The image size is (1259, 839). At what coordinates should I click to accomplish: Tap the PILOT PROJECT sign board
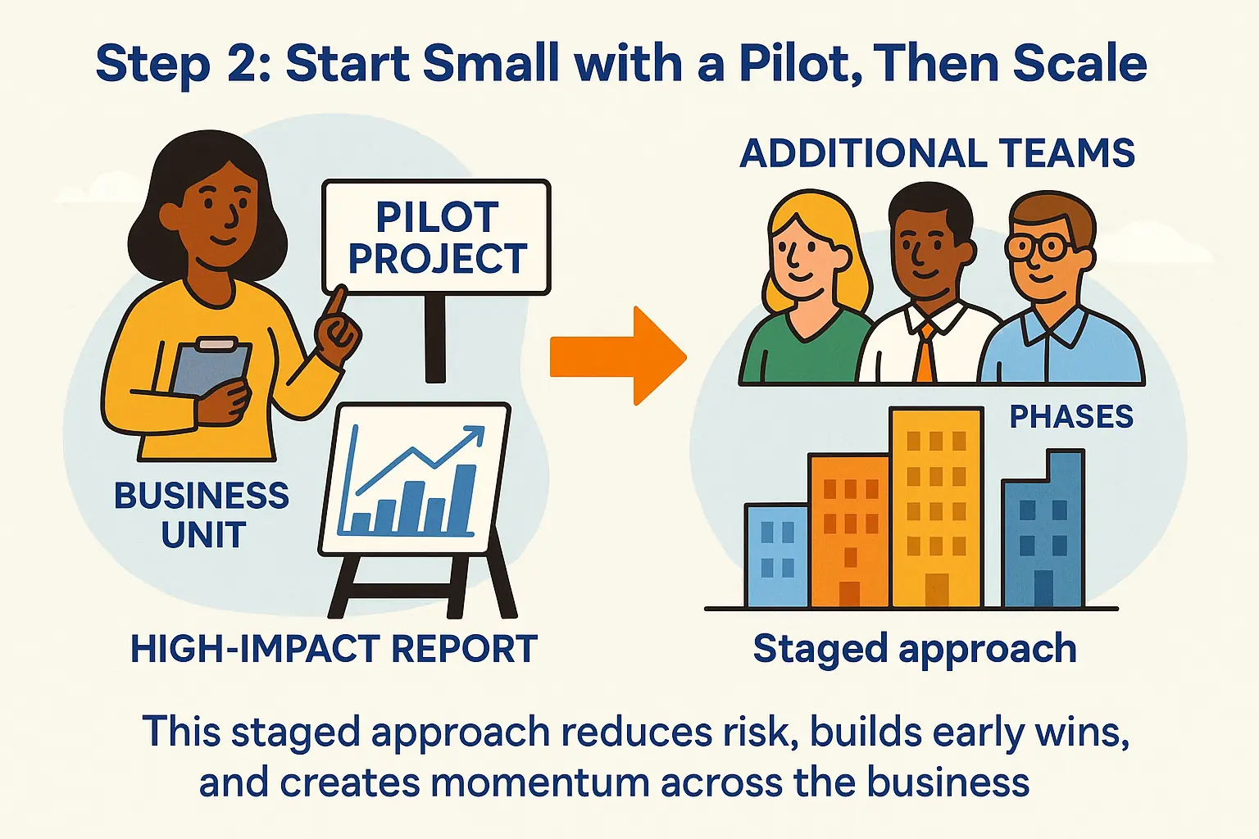click(436, 238)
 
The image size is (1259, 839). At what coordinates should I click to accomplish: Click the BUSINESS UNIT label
click(202, 515)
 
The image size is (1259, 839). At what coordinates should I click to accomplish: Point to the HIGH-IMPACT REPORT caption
click(334, 650)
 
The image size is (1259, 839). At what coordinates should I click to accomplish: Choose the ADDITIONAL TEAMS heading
click(937, 154)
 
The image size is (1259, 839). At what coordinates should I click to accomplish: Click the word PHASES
click(1070, 417)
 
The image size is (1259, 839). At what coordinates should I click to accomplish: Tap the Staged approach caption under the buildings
click(915, 650)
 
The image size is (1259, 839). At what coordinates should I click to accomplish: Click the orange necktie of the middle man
click(925, 352)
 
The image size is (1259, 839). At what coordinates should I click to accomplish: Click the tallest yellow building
click(935, 508)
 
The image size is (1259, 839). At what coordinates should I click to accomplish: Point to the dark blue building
click(1043, 533)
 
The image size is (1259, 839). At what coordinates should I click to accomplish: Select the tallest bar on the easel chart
click(464, 499)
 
